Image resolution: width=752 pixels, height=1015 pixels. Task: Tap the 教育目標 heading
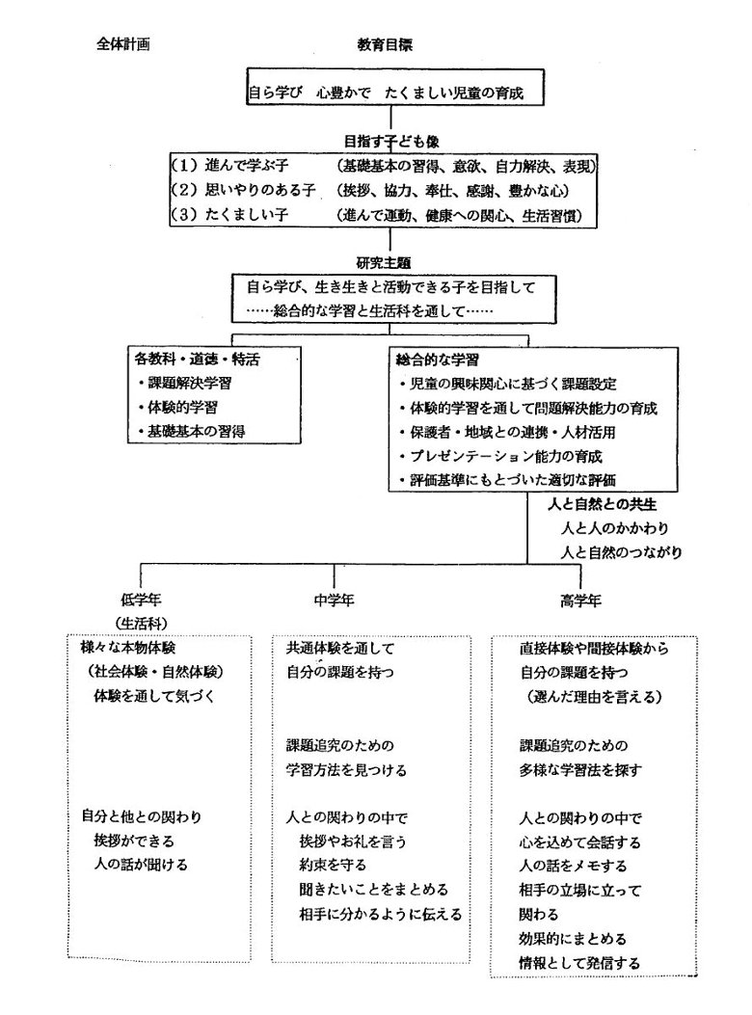(386, 44)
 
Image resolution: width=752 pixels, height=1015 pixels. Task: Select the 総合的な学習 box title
(438, 360)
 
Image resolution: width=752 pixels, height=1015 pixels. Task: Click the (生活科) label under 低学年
(142, 623)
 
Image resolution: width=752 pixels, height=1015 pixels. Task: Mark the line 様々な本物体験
(128, 648)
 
